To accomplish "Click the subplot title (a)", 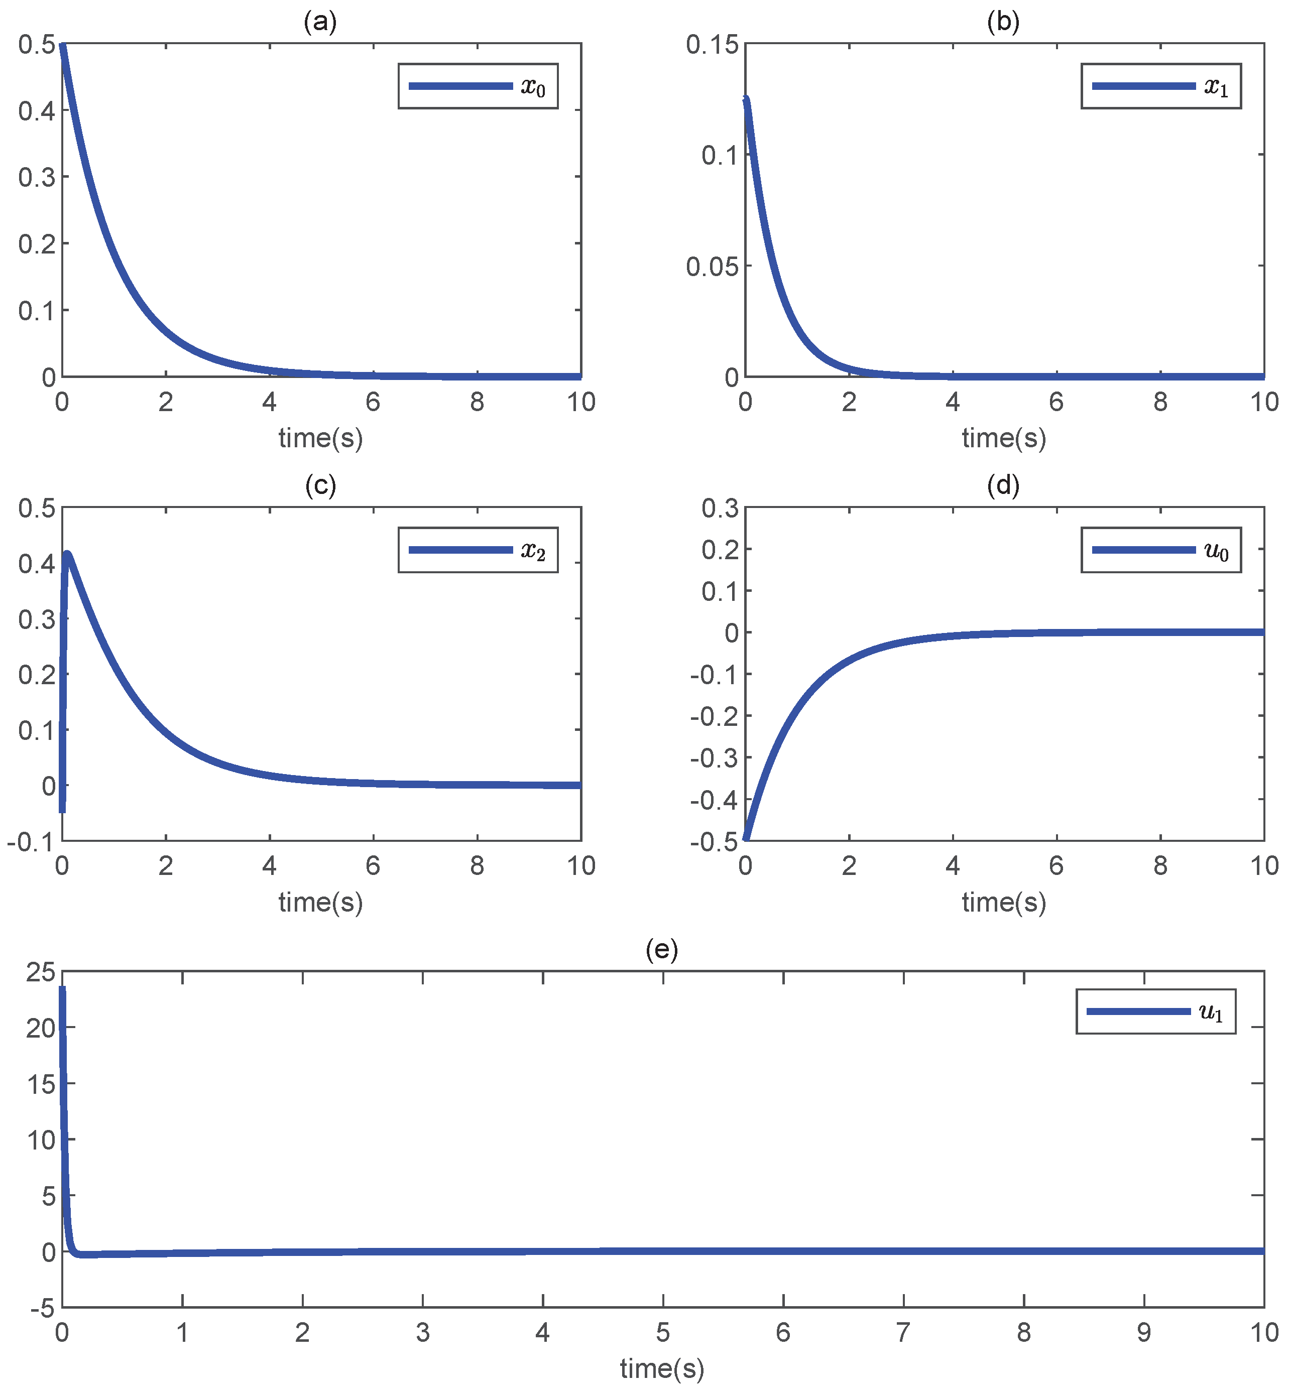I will coord(320,22).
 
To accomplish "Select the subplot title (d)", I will coord(1003,486).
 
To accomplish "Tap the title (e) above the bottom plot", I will coord(662,950).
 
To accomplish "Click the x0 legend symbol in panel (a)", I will coord(460,86).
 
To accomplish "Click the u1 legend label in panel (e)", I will coord(1211,1012).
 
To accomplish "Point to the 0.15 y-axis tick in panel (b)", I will coord(712,45).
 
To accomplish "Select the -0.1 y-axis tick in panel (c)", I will coord(31,842).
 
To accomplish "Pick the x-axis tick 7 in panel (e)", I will coord(903,1333).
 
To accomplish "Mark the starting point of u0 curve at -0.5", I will coord(746,838).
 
